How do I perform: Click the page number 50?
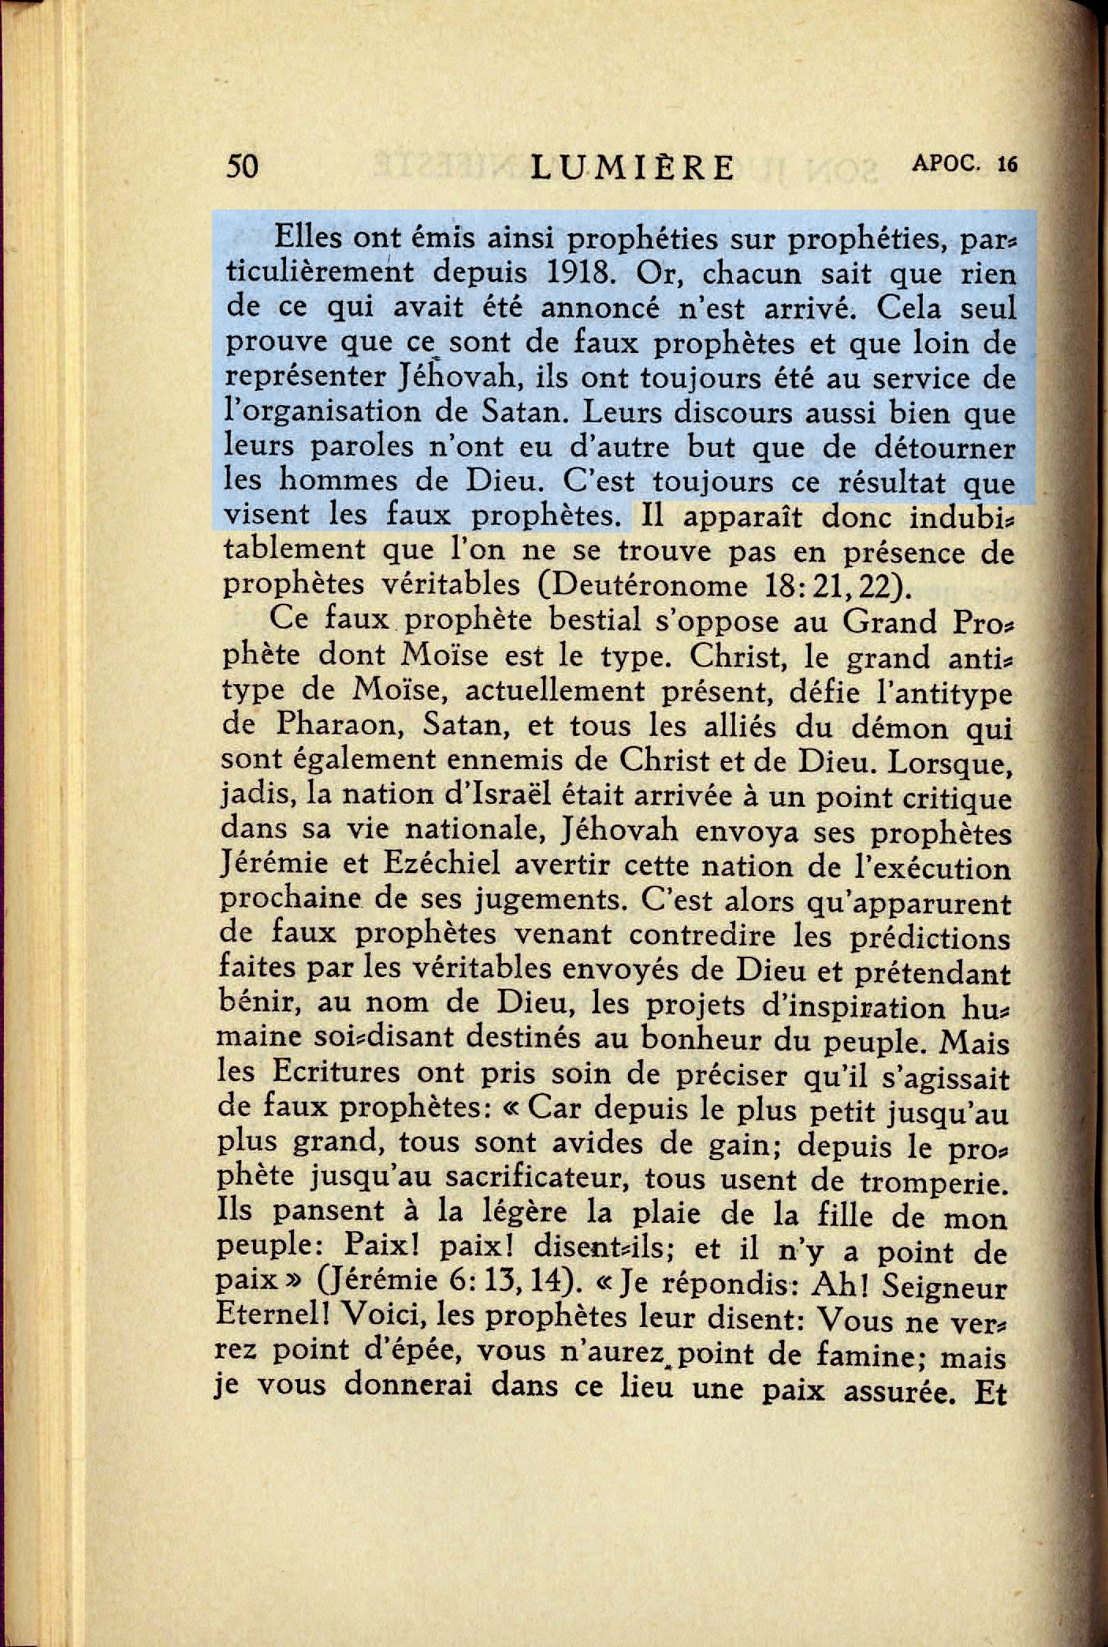(x=242, y=167)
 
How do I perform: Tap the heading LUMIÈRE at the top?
(x=634, y=168)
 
